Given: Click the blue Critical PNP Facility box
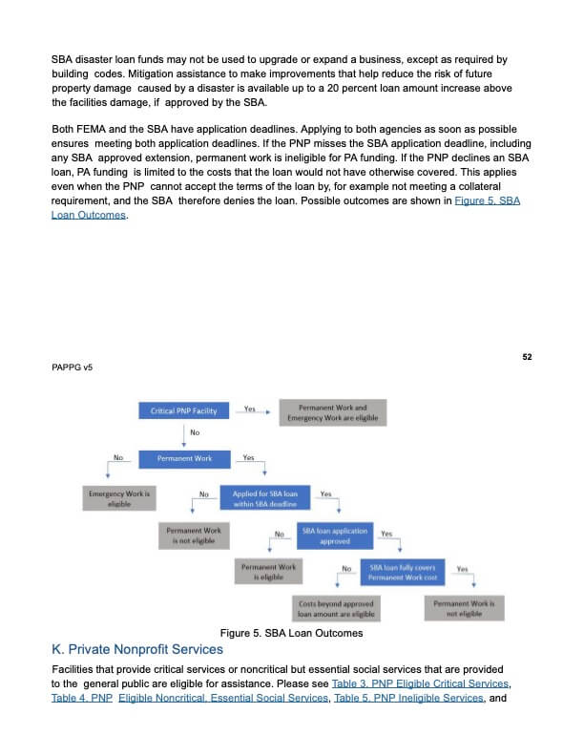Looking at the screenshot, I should [x=183, y=411].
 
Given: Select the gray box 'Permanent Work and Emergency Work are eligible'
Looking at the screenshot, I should [x=332, y=412].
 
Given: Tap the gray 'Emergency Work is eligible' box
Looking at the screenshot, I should [x=119, y=498].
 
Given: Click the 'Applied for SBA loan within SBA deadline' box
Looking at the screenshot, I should [x=265, y=498].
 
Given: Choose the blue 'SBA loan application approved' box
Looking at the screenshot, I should [x=334, y=535].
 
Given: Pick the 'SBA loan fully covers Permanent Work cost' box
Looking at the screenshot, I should [x=403, y=573].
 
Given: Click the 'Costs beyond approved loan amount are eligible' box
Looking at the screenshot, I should [x=336, y=609].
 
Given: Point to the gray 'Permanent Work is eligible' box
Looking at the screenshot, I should [x=270, y=572].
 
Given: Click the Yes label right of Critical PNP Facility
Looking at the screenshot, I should [x=249, y=409].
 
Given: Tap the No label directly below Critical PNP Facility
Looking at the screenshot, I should [x=194, y=433].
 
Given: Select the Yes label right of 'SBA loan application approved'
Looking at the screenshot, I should [x=386, y=534].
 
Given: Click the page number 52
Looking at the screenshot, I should [x=527, y=356].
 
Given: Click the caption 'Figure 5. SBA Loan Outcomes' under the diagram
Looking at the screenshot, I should [x=291, y=632].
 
